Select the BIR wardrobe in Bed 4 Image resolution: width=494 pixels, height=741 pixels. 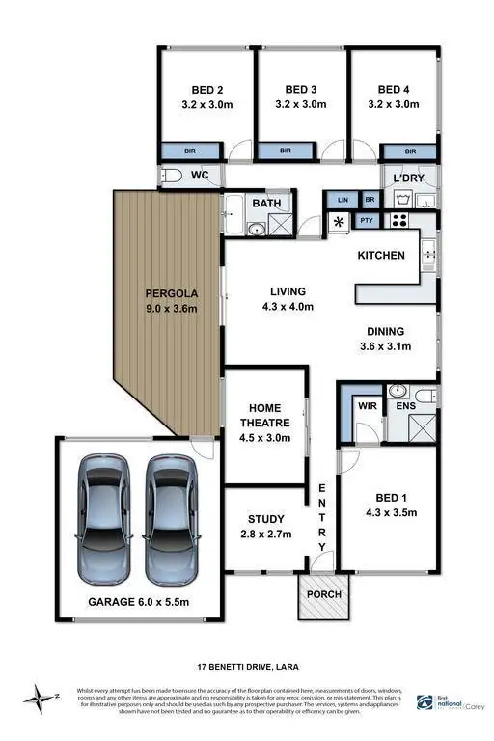[x=410, y=151]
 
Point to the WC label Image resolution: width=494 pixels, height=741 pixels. [x=200, y=175]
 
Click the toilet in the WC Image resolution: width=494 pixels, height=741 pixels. [x=173, y=176]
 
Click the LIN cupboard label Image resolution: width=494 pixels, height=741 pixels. [x=343, y=200]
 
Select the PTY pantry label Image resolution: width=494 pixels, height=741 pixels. [x=366, y=221]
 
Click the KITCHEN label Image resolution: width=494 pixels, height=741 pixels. [x=381, y=256]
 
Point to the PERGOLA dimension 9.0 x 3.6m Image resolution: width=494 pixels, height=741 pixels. [x=171, y=309]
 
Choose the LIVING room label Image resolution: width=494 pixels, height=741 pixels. [x=288, y=291]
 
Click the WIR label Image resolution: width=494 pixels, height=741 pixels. [x=366, y=406]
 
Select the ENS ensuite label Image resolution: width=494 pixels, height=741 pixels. [x=405, y=407]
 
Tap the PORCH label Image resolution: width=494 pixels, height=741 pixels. [x=323, y=593]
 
